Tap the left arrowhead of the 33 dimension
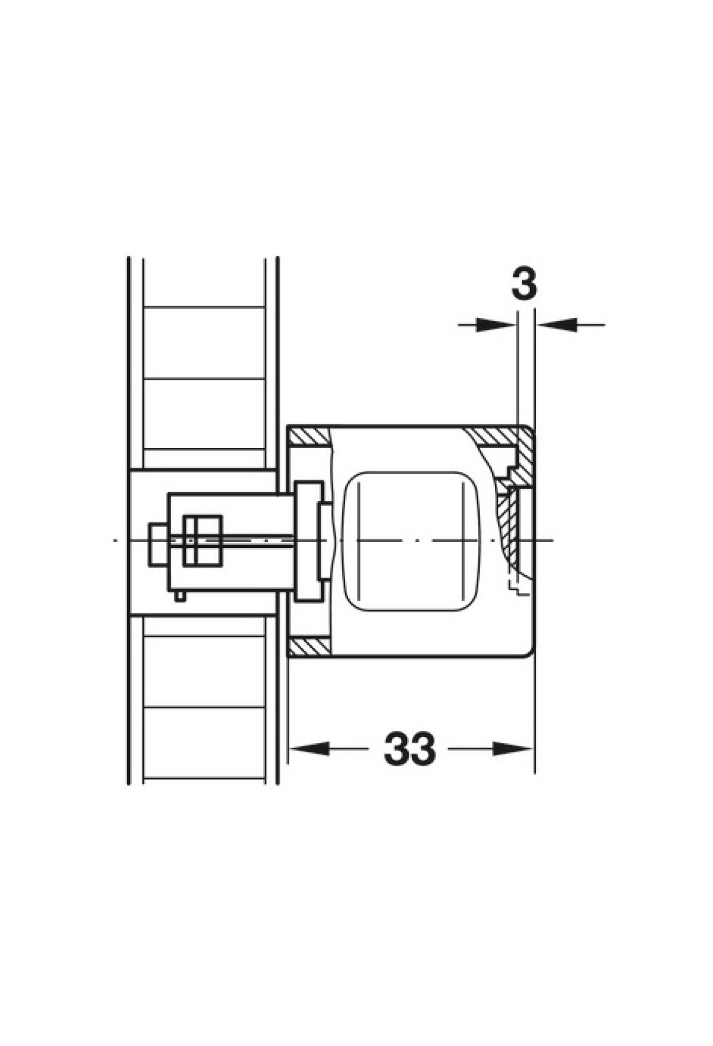[x=309, y=748]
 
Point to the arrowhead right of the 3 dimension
[x=557, y=324]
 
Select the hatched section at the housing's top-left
[x=309, y=439]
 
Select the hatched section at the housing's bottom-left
[x=309, y=648]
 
